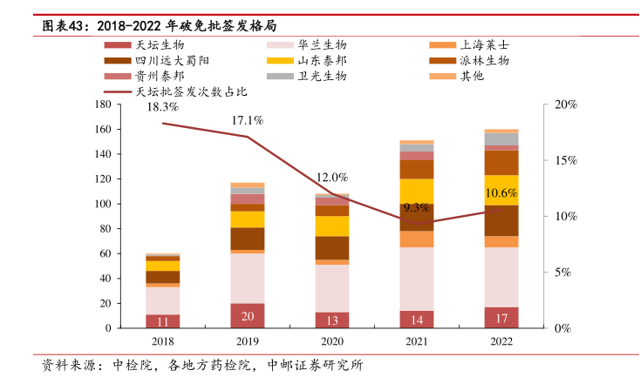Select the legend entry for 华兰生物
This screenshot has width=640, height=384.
coord(323,44)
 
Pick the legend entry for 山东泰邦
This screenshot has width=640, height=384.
coord(323,60)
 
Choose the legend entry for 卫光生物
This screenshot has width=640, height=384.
coord(323,76)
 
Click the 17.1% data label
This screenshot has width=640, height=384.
coord(248,120)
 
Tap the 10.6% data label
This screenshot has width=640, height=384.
coord(501,192)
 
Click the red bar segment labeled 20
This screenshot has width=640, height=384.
coord(248,316)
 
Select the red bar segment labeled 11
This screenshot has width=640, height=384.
coord(162,321)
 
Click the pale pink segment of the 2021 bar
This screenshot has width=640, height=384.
coord(417,279)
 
